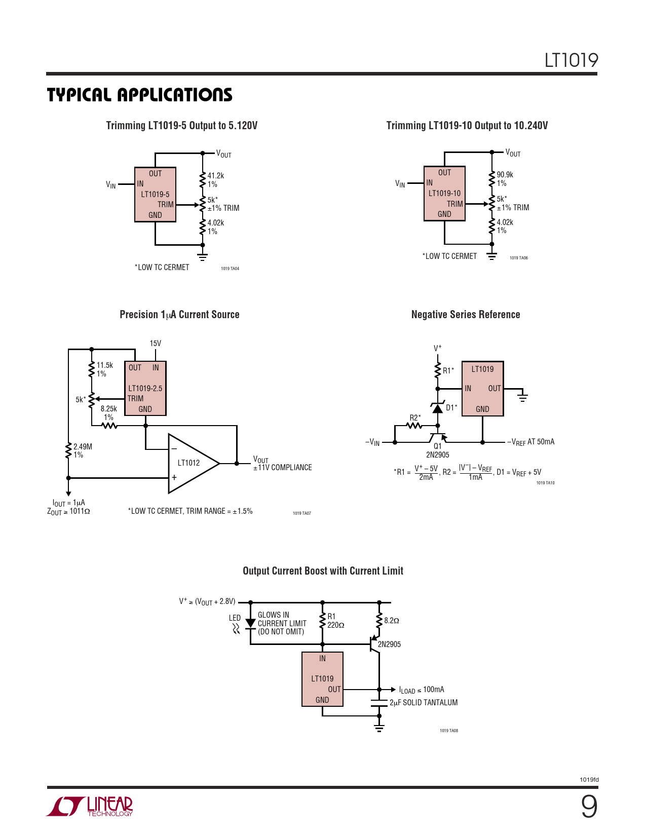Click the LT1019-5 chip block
(x=155, y=194)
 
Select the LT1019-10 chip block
(x=444, y=193)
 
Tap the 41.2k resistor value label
(x=215, y=175)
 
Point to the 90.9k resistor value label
(x=505, y=174)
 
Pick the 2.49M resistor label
(x=83, y=446)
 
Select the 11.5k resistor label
(x=105, y=365)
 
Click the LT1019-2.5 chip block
(x=145, y=388)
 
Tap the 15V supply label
(x=156, y=343)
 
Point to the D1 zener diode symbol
(x=437, y=407)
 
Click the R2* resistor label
(x=415, y=417)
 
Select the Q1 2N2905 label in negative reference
(x=437, y=450)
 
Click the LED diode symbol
(x=250, y=623)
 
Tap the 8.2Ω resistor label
(x=391, y=620)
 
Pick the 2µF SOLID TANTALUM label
(x=424, y=702)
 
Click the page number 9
(x=589, y=807)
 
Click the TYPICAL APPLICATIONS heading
(x=139, y=95)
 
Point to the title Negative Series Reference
(x=466, y=314)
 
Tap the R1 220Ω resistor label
(x=335, y=620)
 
